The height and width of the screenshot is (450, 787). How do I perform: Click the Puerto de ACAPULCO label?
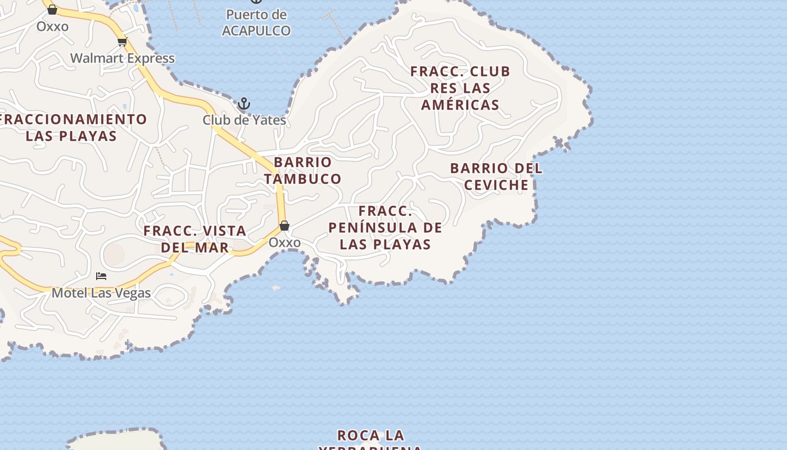coord(256,23)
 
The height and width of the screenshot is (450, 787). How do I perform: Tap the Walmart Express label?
coord(123,58)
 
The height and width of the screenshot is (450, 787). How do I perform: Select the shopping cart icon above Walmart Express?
coord(123,41)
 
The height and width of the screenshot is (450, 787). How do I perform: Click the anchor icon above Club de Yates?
coord(244,103)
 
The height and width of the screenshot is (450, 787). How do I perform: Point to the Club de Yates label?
coord(244,120)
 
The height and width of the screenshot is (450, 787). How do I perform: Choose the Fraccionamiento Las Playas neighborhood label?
coord(72,128)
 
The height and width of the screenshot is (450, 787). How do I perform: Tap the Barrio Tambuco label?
coord(302,170)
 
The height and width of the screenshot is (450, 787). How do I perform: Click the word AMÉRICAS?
coord(460,105)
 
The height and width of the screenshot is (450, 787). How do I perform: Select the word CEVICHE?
coord(497,185)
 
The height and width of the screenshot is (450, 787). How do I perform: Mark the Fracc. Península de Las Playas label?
coord(386,228)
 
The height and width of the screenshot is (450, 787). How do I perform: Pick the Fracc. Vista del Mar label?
coord(195,239)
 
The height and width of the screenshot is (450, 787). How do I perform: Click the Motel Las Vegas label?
coord(101,293)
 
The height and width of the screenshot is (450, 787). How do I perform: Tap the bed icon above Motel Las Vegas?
coord(101,276)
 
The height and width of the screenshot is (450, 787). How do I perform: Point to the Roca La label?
coord(370,435)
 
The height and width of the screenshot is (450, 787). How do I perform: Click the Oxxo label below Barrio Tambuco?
coord(284,242)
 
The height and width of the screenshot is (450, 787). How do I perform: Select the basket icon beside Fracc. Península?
coord(284,226)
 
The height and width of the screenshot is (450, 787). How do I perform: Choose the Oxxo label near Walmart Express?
coord(52,26)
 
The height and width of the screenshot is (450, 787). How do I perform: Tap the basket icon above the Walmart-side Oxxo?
coord(52,10)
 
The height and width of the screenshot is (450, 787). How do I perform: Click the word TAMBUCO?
coord(302,179)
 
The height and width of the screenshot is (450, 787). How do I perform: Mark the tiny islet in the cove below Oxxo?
coord(275,288)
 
